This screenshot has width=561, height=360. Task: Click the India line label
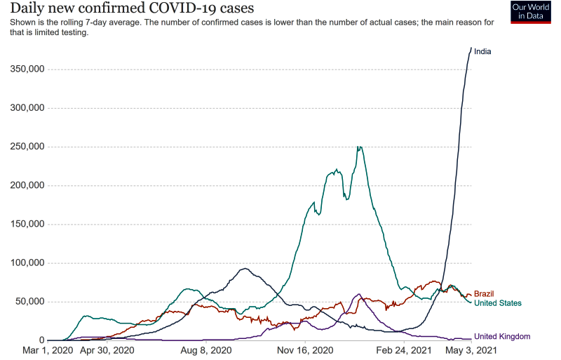[x=482, y=51]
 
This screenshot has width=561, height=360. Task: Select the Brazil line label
[x=485, y=293]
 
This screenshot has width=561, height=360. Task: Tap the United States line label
[x=498, y=303]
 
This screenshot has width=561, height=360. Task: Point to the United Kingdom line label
[x=502, y=336]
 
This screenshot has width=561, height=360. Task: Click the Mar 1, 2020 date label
[x=48, y=349]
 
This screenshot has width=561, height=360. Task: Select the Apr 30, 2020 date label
[x=107, y=349]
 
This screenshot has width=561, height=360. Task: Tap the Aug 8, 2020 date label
[x=206, y=349]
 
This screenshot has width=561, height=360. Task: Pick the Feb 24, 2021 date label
[x=405, y=349]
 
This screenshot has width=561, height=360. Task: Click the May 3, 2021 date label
[x=472, y=349]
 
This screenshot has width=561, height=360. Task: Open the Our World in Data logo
[x=530, y=12]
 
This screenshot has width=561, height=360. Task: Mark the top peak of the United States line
[x=359, y=147]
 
